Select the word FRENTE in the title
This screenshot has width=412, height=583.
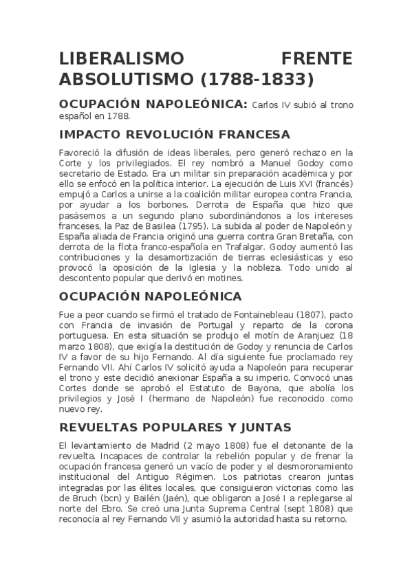point(317,58)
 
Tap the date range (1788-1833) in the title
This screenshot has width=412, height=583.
point(257,80)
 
